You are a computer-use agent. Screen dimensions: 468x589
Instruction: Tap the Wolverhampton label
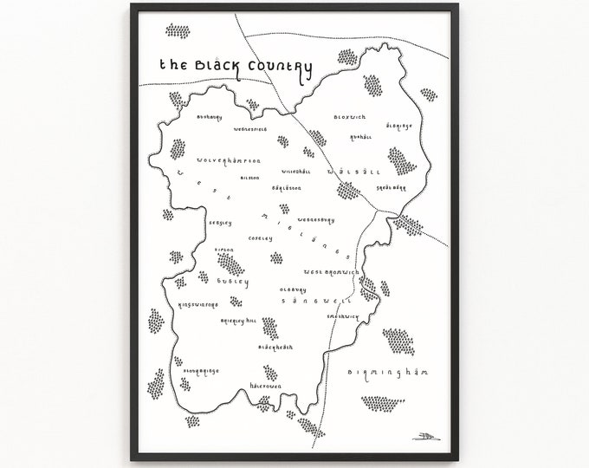(x=229, y=160)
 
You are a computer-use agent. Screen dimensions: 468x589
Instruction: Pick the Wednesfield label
(x=252, y=130)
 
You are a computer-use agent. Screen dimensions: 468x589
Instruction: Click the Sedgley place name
(x=220, y=223)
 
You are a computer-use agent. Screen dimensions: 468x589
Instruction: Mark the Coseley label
(x=260, y=237)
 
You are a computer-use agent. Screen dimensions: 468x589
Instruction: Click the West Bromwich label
(x=332, y=272)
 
